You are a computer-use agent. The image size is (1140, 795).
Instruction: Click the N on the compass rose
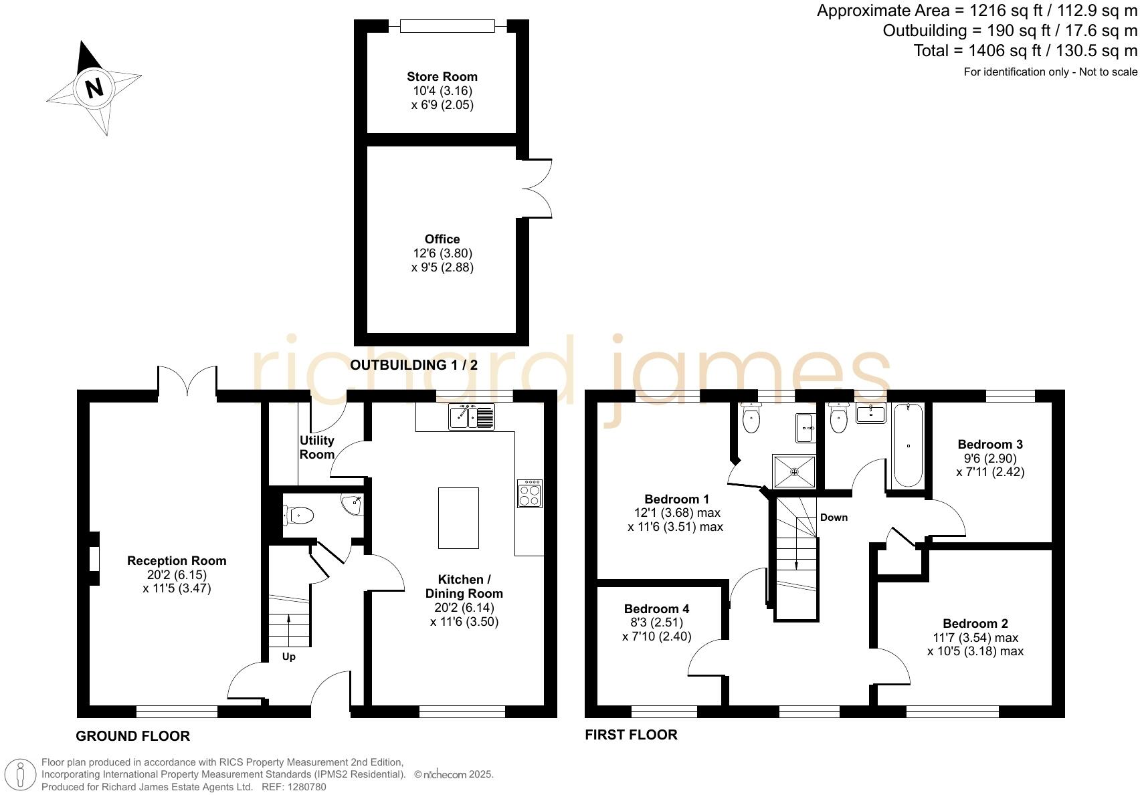click(x=94, y=88)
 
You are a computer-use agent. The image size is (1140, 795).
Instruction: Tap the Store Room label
click(x=442, y=76)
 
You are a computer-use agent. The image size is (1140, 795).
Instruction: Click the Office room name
click(x=442, y=239)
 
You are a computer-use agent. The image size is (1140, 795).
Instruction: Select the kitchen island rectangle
click(x=458, y=518)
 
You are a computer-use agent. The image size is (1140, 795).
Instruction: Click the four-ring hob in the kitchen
click(x=529, y=494)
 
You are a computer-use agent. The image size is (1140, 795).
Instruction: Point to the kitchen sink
click(x=472, y=417)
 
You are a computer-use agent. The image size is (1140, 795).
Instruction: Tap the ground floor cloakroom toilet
click(x=298, y=516)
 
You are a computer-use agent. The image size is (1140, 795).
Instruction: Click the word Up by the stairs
click(x=288, y=657)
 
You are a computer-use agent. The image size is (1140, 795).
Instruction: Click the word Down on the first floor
click(x=834, y=517)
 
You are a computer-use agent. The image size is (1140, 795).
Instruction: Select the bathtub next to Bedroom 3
click(x=908, y=445)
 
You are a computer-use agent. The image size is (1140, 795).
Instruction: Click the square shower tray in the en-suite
click(x=794, y=472)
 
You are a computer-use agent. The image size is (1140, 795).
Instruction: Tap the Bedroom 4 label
click(x=656, y=608)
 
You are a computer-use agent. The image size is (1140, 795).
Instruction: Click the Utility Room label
click(x=316, y=447)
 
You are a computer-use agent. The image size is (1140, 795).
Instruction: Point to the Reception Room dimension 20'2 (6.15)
click(x=177, y=574)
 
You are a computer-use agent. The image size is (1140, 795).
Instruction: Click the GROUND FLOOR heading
click(x=132, y=736)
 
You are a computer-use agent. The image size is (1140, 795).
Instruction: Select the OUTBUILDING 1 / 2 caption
click(x=414, y=365)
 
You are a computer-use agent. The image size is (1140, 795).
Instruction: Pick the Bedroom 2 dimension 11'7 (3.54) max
click(x=975, y=637)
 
